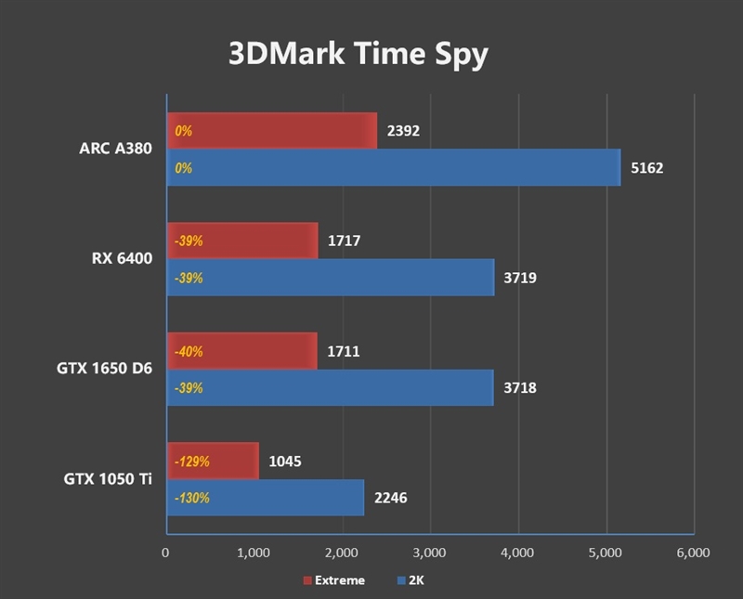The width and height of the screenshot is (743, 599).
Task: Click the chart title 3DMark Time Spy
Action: (x=358, y=55)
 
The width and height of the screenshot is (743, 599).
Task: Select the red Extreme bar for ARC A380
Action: (x=272, y=131)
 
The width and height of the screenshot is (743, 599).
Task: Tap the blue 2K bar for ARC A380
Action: (x=393, y=168)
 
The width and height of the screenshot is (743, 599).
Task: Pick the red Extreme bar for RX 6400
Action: (x=241, y=241)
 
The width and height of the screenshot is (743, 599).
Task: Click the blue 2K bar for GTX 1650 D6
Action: (x=330, y=387)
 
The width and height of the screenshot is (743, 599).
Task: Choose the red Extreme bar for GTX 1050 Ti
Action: (x=212, y=461)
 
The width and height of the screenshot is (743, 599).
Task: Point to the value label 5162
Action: (x=646, y=168)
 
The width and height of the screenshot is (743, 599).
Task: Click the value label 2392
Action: (x=404, y=131)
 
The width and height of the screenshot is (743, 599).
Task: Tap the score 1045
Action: (x=284, y=461)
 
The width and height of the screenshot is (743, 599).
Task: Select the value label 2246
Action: (x=390, y=498)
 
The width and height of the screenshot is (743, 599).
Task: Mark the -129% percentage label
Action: (x=191, y=461)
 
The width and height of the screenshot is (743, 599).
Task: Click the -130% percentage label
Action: (x=191, y=498)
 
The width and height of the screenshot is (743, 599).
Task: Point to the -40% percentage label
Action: (x=188, y=351)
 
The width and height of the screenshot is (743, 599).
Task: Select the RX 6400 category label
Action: (x=122, y=259)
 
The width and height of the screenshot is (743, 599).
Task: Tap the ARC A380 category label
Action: (x=115, y=150)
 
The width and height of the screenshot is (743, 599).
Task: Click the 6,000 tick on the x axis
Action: (x=693, y=553)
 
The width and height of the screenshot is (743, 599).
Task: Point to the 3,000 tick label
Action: (x=429, y=553)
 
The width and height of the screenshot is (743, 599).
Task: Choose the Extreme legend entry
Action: (x=333, y=580)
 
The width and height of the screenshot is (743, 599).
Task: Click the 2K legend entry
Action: (x=411, y=580)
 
